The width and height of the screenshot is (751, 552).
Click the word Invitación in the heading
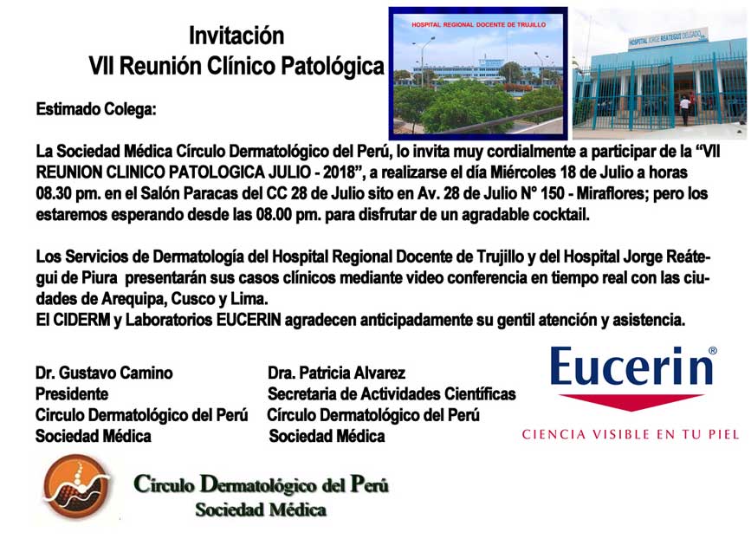pos(236,36)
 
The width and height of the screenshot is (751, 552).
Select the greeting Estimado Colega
pos(96,109)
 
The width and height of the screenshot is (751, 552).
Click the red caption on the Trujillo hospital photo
pos(478,24)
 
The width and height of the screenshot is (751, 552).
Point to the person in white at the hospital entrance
pos(685,111)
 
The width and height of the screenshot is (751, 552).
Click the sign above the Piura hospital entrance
pos(668,38)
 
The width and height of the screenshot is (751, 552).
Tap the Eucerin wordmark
pos(631,367)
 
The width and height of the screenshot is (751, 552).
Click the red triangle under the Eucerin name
pos(631,402)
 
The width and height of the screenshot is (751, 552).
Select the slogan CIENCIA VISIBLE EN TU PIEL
pos(631,435)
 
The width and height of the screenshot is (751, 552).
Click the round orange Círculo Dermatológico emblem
pos(77,486)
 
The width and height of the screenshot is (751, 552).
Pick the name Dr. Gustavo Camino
pos(104,373)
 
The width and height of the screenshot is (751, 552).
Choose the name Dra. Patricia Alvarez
pos(337,373)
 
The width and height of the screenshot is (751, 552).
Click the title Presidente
pos(72,394)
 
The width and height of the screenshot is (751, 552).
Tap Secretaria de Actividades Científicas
pos(392,394)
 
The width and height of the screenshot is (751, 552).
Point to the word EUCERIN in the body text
pos(249,320)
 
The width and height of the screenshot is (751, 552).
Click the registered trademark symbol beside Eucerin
pos(713,350)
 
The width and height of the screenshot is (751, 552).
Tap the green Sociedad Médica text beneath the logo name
pos(261,510)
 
